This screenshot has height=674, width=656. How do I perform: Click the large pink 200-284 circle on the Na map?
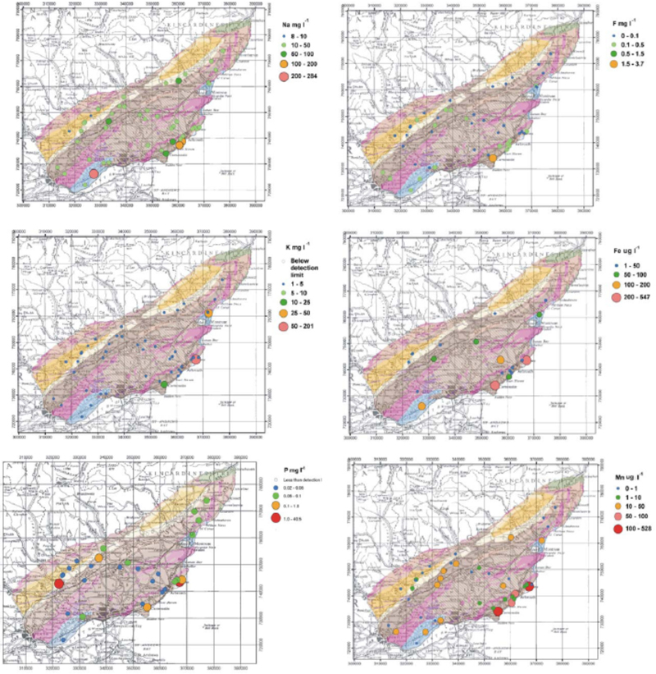point(94,174)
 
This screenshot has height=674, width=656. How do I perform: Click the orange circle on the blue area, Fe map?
point(421,406)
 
